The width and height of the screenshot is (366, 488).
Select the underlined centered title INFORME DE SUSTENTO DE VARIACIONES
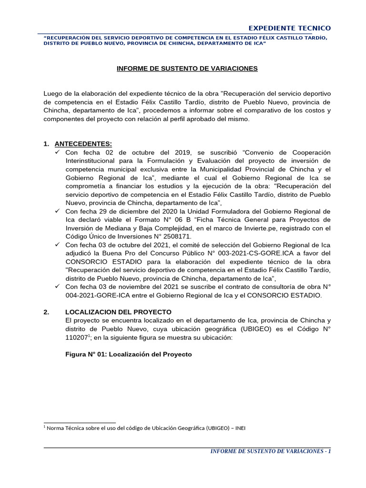(x=187, y=69)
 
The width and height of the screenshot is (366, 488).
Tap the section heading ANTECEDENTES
(x=83, y=144)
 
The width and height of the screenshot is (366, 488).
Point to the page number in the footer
(x=329, y=451)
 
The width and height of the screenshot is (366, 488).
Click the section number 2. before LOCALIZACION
(x=46, y=312)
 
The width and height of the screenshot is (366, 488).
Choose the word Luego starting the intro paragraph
(x=53, y=93)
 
